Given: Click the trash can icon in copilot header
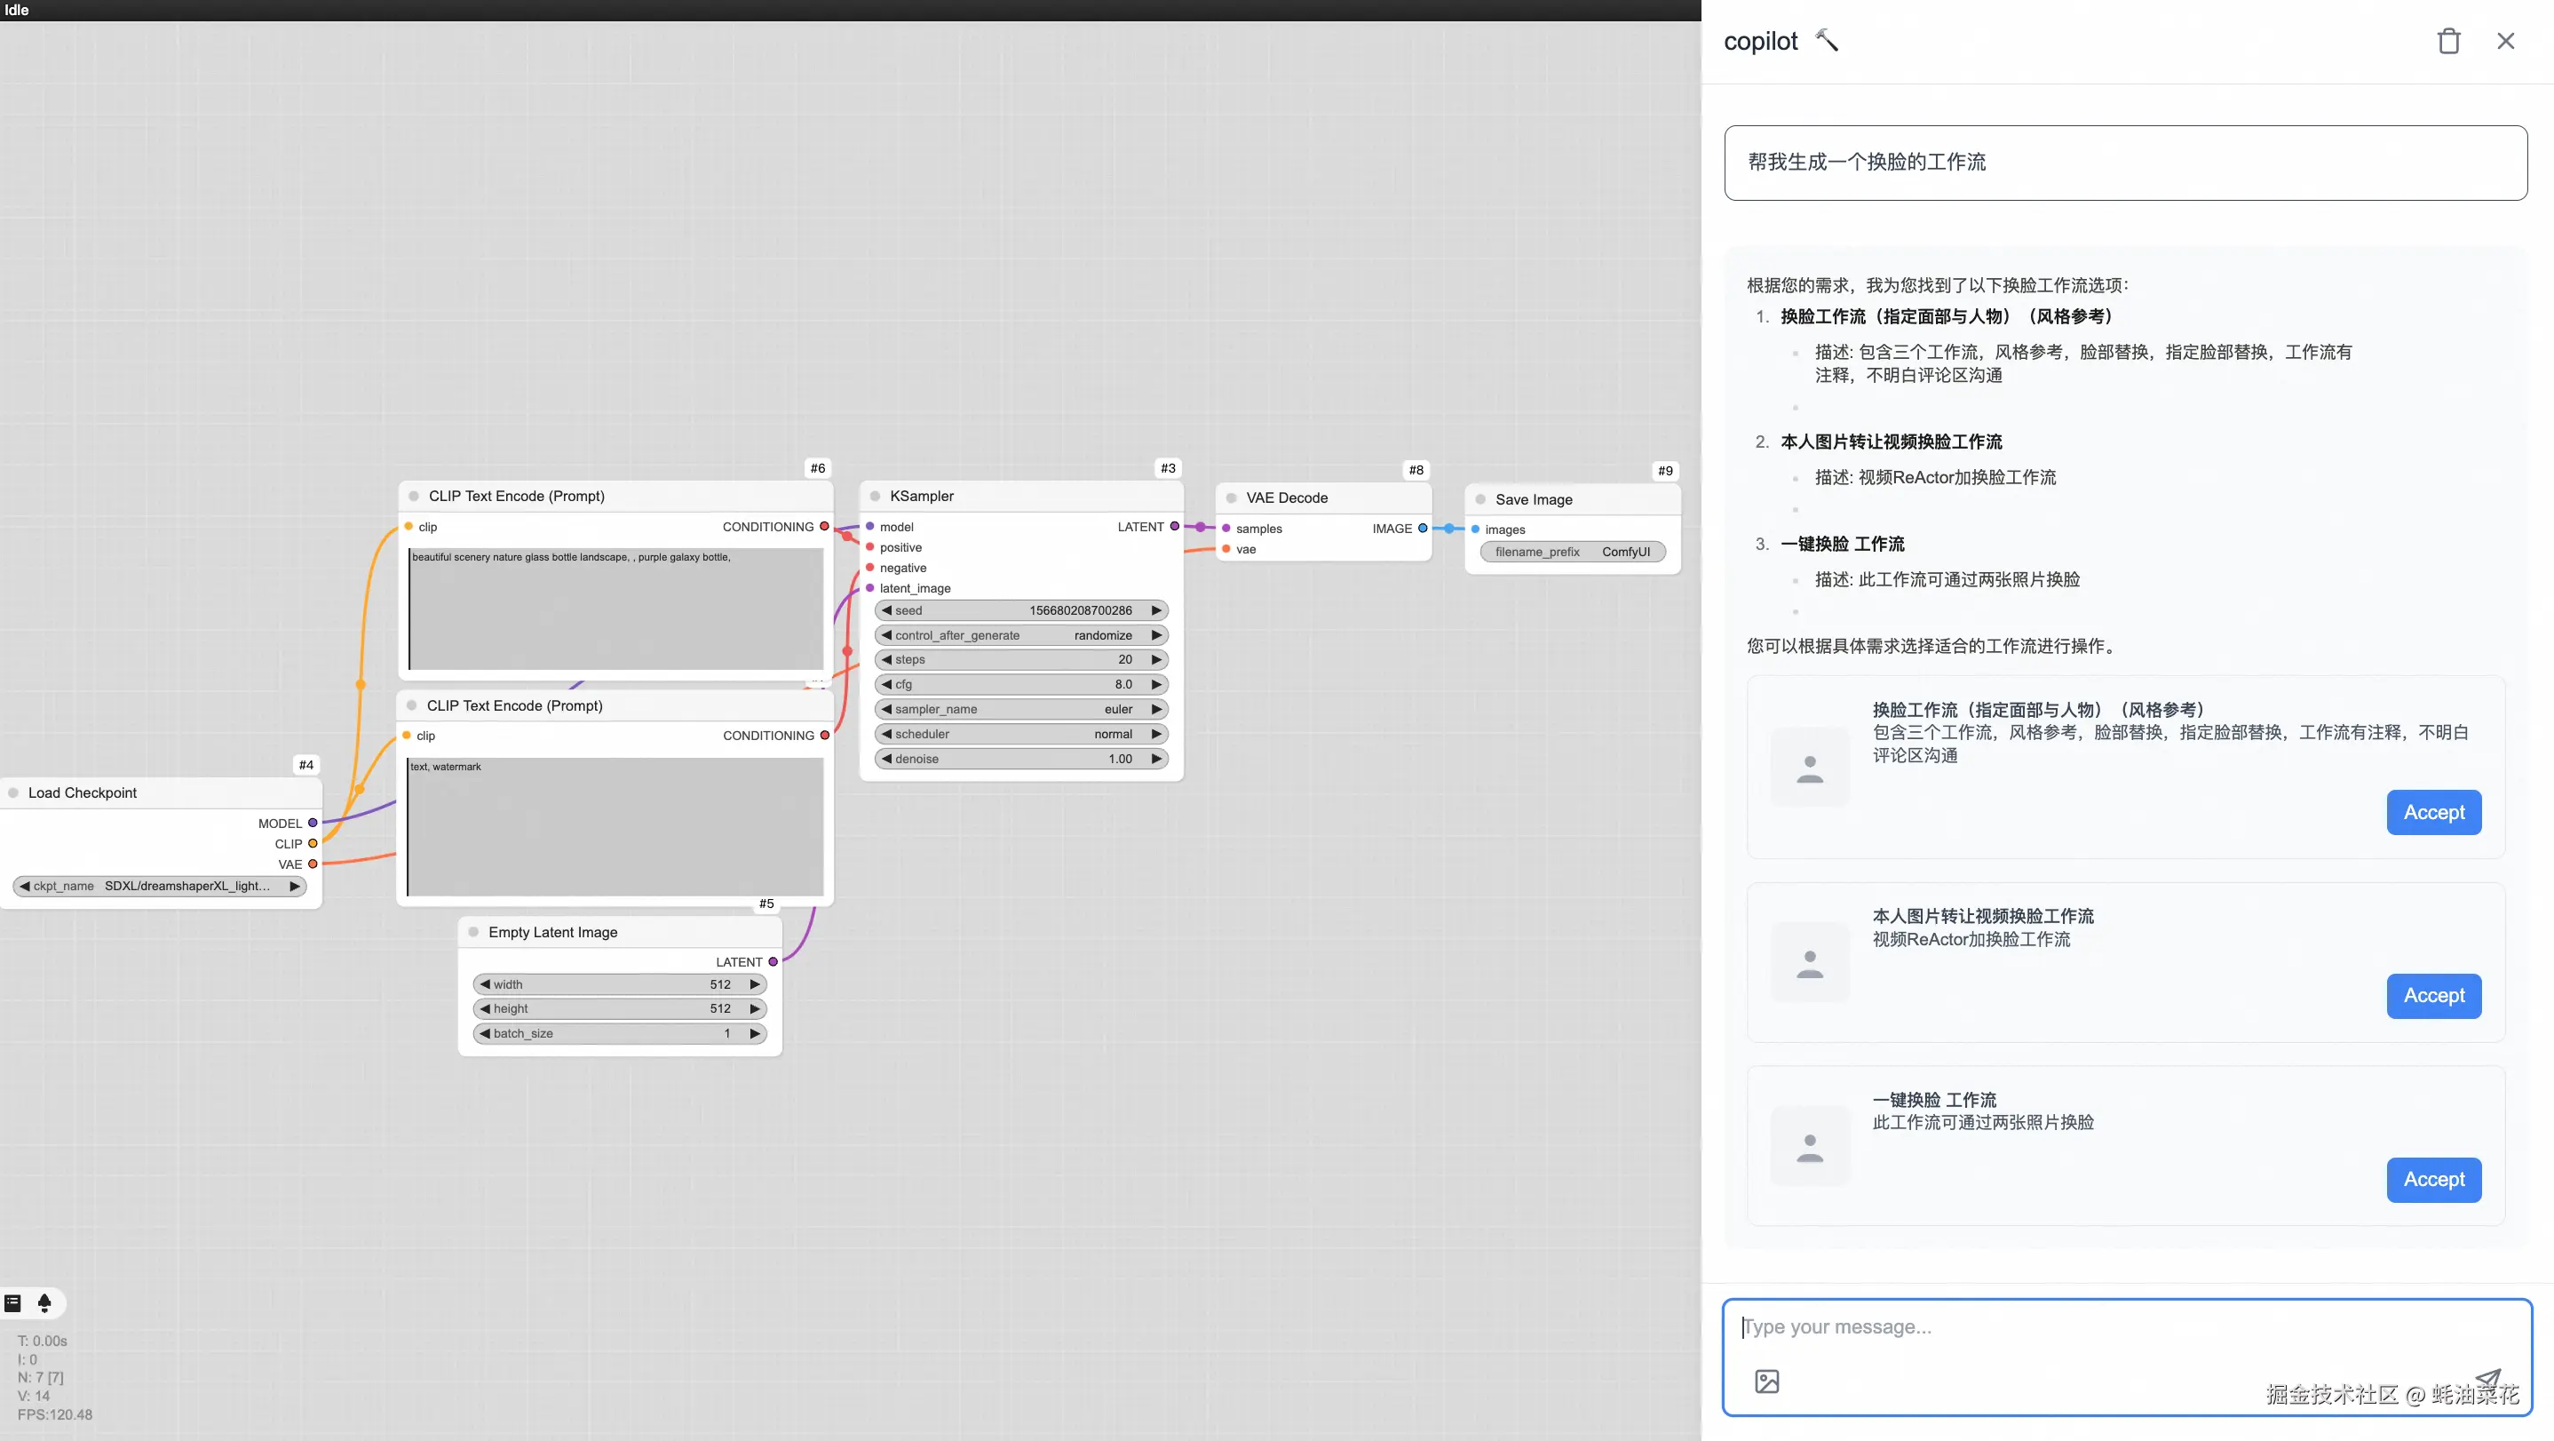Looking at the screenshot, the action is pyautogui.click(x=2448, y=41).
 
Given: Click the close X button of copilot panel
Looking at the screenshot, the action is pyautogui.click(x=2505, y=41).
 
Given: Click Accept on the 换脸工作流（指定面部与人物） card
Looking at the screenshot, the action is pyautogui.click(x=2433, y=812).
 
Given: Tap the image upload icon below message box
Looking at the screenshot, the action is pyautogui.click(x=1767, y=1381).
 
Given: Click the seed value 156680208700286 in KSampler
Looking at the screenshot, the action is pyautogui.click(x=1020, y=611).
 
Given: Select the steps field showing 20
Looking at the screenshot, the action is pyautogui.click(x=1020, y=659).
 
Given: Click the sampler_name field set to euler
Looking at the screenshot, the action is pyautogui.click(x=1020, y=709).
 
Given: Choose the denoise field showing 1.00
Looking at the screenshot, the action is pyautogui.click(x=1020, y=759).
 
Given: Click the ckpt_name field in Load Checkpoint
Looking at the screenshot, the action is pyautogui.click(x=159, y=886).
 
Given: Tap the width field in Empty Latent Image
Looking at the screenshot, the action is pyautogui.click(x=620, y=983).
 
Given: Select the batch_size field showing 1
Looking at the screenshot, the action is pyautogui.click(x=620, y=1033).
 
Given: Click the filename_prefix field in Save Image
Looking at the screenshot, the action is pyautogui.click(x=1572, y=552).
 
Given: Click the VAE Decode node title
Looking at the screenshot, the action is pyautogui.click(x=1287, y=498).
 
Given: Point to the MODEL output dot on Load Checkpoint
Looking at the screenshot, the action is pyautogui.click(x=313, y=824).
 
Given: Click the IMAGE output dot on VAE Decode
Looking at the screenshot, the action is pyautogui.click(x=1423, y=529).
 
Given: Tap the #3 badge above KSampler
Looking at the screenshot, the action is pyautogui.click(x=1168, y=468).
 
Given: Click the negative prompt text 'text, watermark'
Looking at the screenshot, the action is pyautogui.click(x=446, y=767).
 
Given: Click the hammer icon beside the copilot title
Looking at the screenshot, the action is pyautogui.click(x=1827, y=40).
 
